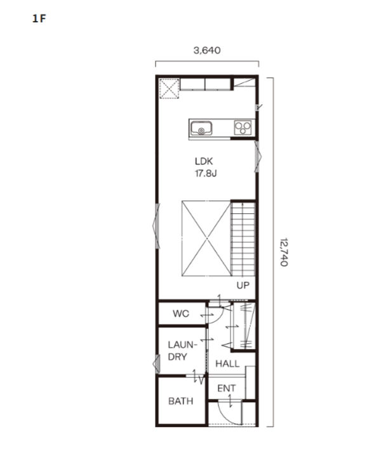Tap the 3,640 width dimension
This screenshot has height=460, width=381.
click(207, 51)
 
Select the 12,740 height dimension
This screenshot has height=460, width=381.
click(283, 252)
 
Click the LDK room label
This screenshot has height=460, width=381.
click(204, 161)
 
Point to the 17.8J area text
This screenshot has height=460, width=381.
click(206, 173)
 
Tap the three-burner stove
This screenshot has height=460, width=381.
click(243, 128)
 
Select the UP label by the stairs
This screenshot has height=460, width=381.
click(243, 286)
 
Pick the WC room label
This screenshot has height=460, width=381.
click(180, 313)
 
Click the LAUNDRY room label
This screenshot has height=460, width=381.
click(182, 350)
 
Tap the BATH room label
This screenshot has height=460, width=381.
click(180, 401)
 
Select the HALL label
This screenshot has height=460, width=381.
click(227, 364)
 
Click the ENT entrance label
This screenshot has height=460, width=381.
click(226, 388)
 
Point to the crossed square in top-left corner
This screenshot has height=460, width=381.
click(168, 88)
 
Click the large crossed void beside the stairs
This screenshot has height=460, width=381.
click(206, 238)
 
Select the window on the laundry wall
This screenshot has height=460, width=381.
click(155, 364)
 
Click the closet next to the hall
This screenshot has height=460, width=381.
click(244, 326)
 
